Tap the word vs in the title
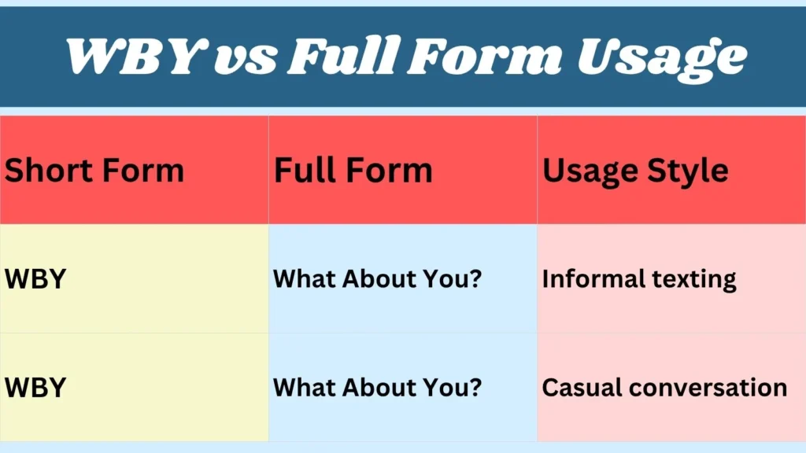pyautogui.click(x=252, y=56)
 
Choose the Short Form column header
pyautogui.click(x=94, y=171)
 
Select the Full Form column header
pyautogui.click(x=353, y=171)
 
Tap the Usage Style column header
pyautogui.click(x=635, y=171)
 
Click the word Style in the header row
pyautogui.click(x=685, y=171)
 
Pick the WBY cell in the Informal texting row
pyautogui.click(x=35, y=279)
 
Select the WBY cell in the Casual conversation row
pyautogui.click(x=35, y=388)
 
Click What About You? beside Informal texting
pyautogui.click(x=377, y=279)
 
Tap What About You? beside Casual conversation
pyautogui.click(x=377, y=388)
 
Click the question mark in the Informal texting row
pyautogui.click(x=475, y=279)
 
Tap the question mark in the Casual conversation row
pyautogui.click(x=475, y=388)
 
